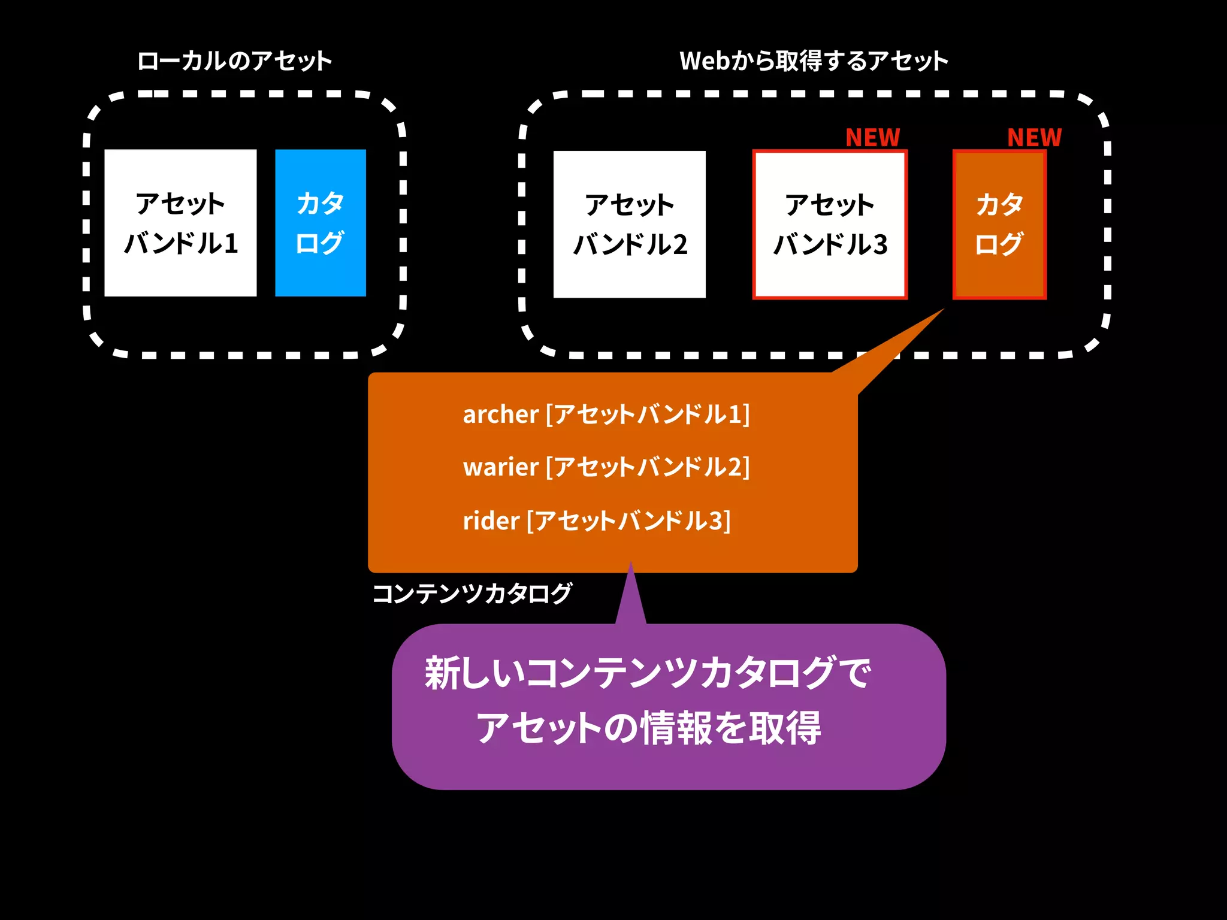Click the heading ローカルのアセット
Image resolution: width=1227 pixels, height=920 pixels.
tap(234, 61)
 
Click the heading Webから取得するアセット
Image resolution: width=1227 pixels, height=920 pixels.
tap(814, 61)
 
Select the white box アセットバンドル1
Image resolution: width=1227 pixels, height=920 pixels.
tap(180, 223)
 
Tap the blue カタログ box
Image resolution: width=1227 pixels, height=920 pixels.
tap(321, 223)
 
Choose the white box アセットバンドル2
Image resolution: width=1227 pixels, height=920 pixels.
tap(629, 224)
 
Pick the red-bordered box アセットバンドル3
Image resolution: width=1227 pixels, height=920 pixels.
tap(830, 224)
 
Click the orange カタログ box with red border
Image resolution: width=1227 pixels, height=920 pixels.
tap(999, 224)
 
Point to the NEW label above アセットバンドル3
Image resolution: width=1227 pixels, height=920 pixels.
tap(872, 138)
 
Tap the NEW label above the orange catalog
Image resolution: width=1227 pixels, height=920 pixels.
tap(1034, 138)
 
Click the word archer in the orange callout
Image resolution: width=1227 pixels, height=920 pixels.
tap(500, 414)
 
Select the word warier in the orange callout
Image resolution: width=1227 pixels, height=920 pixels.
tap(500, 467)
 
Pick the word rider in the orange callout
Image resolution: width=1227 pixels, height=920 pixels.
tap(491, 520)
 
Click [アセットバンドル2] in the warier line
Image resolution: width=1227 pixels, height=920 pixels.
tap(648, 467)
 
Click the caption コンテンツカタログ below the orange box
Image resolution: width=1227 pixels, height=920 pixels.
tap(472, 594)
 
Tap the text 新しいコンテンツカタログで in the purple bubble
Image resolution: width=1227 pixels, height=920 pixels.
tap(647, 673)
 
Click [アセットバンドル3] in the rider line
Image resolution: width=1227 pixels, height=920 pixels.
tap(628, 520)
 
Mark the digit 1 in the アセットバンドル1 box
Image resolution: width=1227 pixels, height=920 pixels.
tap(231, 244)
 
